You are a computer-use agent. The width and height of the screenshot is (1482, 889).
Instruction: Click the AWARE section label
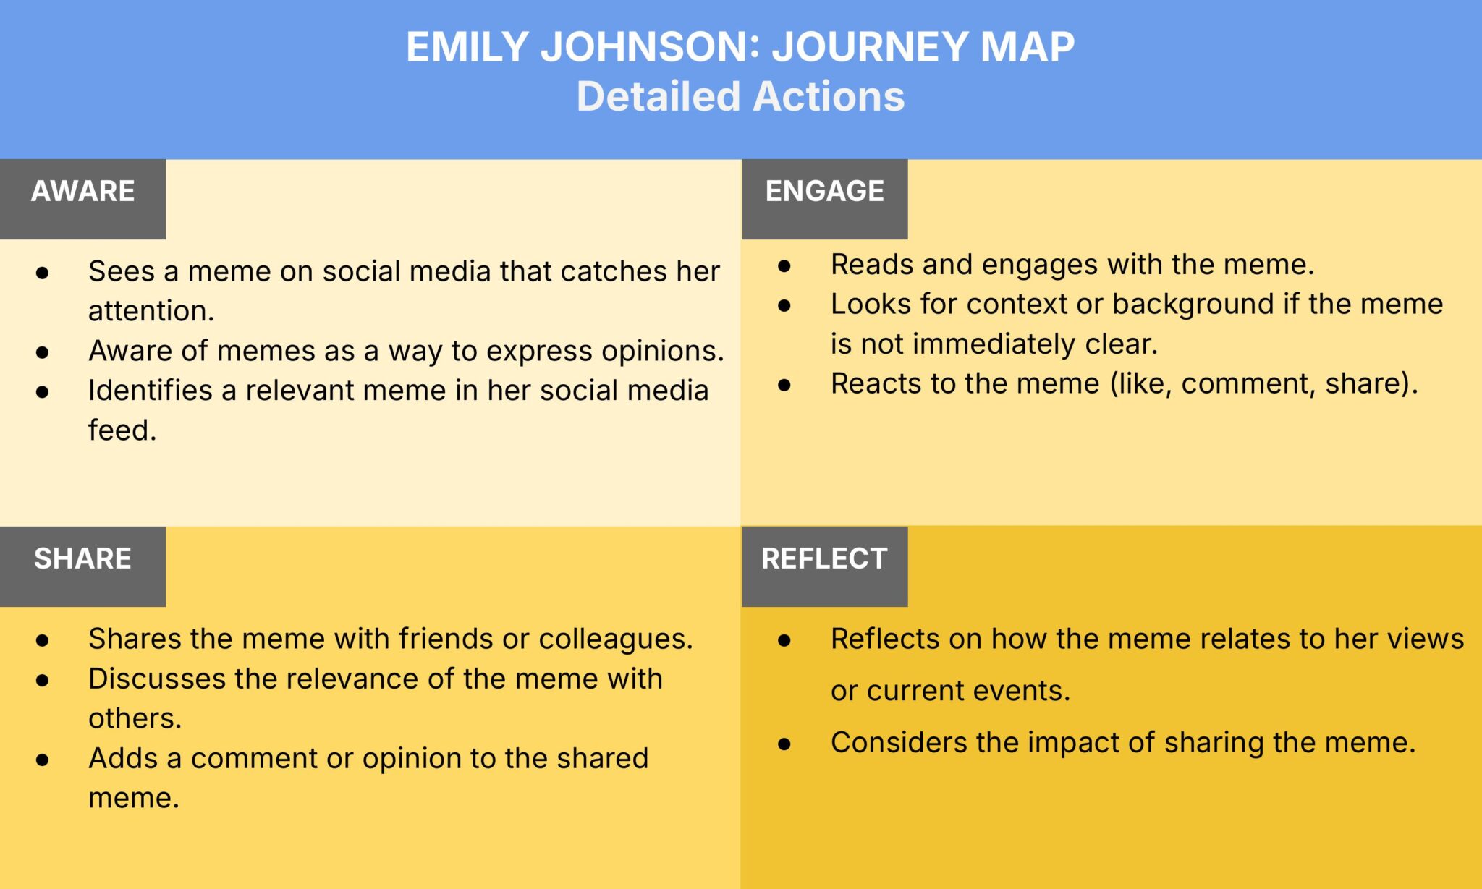point(82,192)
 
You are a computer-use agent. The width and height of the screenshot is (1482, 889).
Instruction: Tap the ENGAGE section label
point(824,192)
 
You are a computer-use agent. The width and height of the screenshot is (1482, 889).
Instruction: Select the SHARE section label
point(82,559)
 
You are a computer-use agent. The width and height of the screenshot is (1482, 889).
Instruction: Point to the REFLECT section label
point(824,559)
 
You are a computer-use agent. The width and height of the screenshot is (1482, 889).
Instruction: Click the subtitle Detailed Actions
point(740,96)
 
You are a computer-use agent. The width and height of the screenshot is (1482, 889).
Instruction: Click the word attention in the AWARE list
point(150,311)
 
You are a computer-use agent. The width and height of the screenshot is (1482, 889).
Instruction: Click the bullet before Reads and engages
point(784,266)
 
